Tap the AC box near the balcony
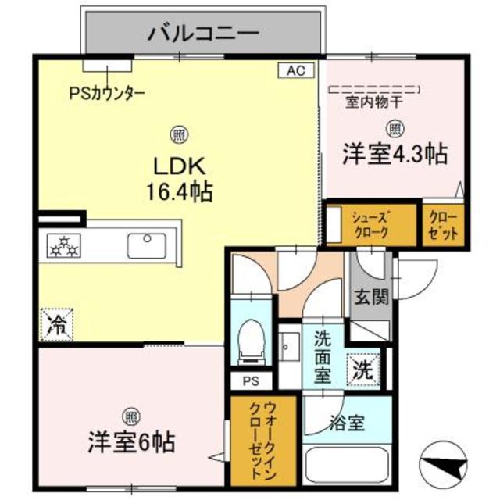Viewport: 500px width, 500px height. [x=295, y=70]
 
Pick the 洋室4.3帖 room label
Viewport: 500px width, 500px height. [x=395, y=154]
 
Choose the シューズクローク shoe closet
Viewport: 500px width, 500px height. [x=370, y=225]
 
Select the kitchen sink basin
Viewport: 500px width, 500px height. [x=148, y=245]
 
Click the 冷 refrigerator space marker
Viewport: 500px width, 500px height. [x=55, y=323]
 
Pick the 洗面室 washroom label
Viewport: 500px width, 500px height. [x=324, y=356]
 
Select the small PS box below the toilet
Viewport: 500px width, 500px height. [x=251, y=382]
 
